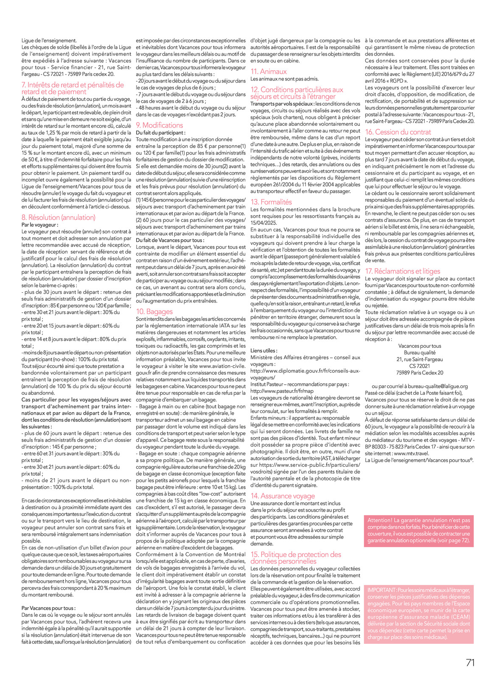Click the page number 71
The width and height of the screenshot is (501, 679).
coord(470,662)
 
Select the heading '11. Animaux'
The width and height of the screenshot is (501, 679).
coord(269,72)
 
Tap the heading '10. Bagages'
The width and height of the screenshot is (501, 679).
coord(154,311)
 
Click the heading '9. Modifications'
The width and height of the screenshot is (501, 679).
coord(160,125)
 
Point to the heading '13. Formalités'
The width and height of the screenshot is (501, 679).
coord(271,202)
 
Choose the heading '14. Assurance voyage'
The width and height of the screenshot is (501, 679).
coord(283,496)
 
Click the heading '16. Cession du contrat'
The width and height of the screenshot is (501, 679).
coord(398,132)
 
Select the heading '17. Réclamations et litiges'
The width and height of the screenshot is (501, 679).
coord(403,271)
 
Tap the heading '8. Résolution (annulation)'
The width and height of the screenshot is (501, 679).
coord(59,217)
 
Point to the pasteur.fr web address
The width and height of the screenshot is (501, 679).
coord(282,391)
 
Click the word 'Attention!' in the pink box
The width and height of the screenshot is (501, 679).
coord(380,520)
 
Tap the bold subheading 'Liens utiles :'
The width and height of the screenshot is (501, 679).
coord(264,351)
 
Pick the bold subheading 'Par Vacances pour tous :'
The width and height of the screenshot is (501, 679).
coord(48,608)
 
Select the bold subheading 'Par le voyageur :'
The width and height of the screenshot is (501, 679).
coord(40,225)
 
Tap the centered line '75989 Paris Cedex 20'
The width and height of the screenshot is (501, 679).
coord(420,373)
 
